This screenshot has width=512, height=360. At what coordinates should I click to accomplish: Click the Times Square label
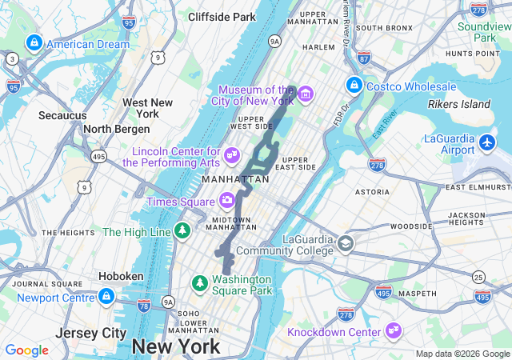pos(182,202)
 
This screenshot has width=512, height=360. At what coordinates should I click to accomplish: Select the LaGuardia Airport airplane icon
pos(489,143)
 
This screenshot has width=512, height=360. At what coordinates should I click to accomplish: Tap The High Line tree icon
pos(183,232)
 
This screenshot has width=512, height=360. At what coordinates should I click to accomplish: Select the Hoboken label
pos(121,276)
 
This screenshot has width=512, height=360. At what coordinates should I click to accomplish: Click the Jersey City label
pos(89,333)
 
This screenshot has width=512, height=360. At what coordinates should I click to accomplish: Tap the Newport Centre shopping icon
pos(106,298)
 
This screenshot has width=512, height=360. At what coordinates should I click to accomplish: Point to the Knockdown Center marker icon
pos(393,330)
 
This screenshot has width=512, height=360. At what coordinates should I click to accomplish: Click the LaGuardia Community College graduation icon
pos(346,244)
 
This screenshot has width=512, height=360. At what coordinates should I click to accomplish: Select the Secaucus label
pos(62,115)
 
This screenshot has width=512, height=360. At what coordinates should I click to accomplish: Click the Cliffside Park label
pos(222,16)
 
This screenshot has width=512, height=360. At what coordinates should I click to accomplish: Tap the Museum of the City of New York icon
pos(305,95)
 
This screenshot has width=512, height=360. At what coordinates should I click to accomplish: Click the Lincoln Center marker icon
pos(232,154)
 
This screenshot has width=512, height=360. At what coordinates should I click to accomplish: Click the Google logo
pos(26,350)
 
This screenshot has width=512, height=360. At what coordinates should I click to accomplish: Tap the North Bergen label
pos(117,129)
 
